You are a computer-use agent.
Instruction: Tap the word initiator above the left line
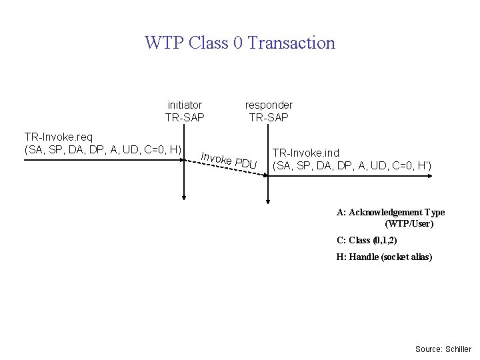coord(185,105)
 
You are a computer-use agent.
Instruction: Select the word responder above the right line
coord(269,105)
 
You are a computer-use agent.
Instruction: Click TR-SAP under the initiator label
coord(185,118)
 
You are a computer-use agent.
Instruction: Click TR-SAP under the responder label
coord(269,118)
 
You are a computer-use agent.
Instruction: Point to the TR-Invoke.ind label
coord(306,153)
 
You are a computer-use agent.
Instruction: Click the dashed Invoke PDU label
coord(229,161)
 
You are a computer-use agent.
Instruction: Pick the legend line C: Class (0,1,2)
coord(367,241)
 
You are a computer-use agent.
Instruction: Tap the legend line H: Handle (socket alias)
coord(384,257)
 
